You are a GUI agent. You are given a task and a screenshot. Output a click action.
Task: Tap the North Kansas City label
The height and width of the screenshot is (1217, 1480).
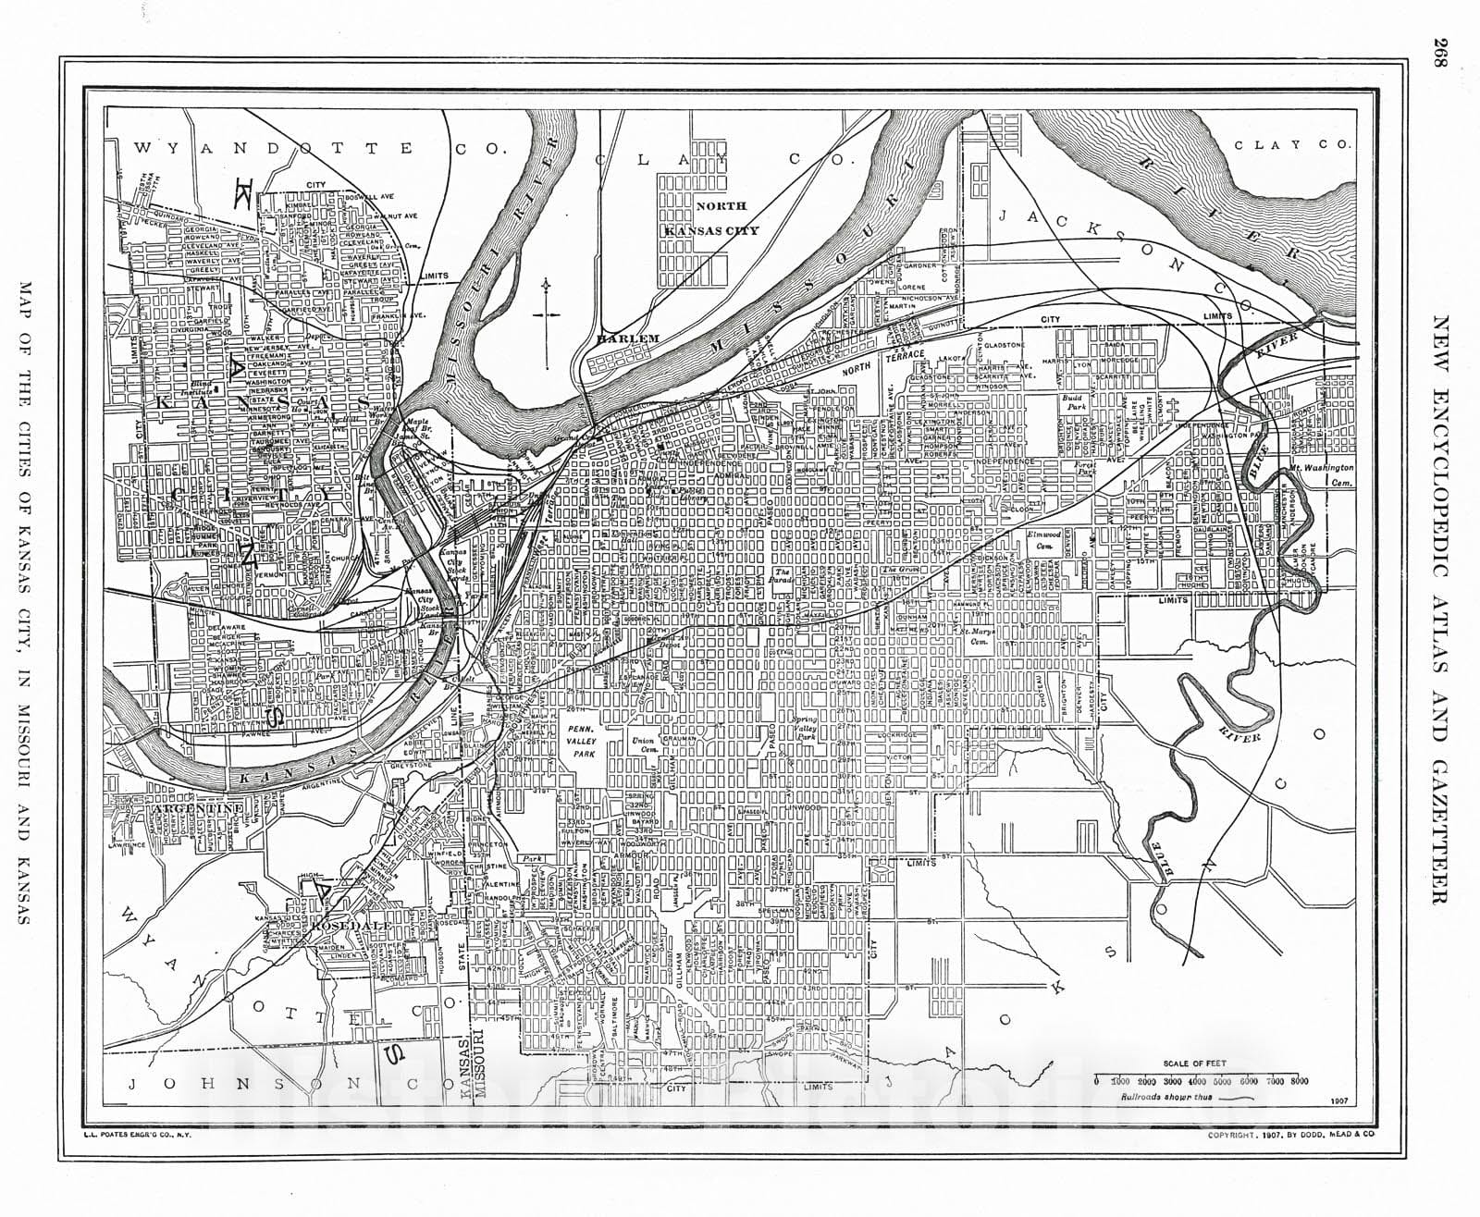(727, 218)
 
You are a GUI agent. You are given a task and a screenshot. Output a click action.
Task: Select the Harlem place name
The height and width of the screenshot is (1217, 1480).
(628, 338)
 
